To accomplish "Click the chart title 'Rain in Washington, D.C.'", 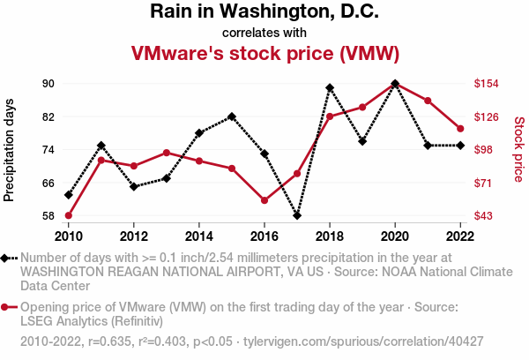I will [264, 12].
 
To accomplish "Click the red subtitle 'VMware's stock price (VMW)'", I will [264, 53].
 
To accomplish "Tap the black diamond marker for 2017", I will [297, 215].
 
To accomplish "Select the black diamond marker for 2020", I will [395, 84].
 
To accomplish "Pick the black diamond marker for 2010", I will [69, 194].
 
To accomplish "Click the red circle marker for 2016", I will [264, 200].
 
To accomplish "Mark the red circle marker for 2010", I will [69, 215].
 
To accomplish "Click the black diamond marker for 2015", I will [232, 116].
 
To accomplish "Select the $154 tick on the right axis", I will [486, 84].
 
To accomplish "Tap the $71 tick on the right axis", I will [483, 183].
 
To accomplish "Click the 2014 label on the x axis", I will [199, 236].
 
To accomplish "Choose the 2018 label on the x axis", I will [330, 236].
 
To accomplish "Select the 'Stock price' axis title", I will [518, 150].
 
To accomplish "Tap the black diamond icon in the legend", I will [9, 258].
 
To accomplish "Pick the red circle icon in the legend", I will [9, 307].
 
